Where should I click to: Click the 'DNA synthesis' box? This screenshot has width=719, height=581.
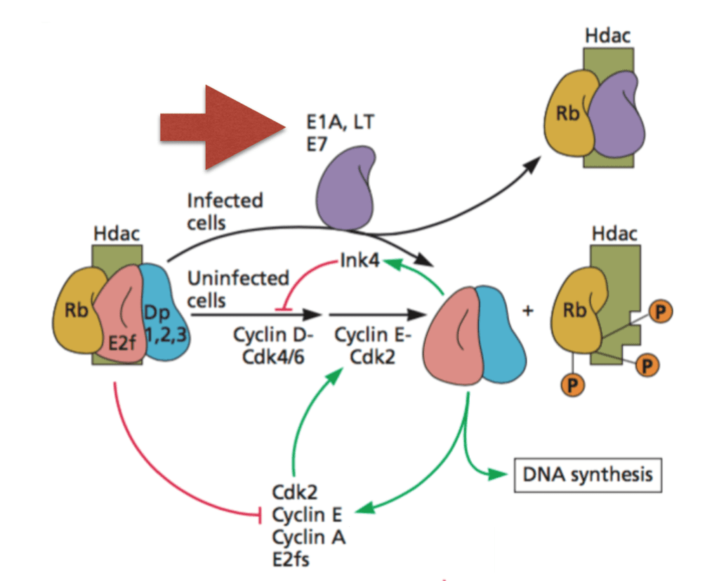coord(588,474)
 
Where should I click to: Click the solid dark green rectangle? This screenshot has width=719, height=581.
coord(421,549)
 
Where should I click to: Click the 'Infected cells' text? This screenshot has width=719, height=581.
coord(225,211)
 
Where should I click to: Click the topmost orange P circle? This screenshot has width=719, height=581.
coord(659,312)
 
